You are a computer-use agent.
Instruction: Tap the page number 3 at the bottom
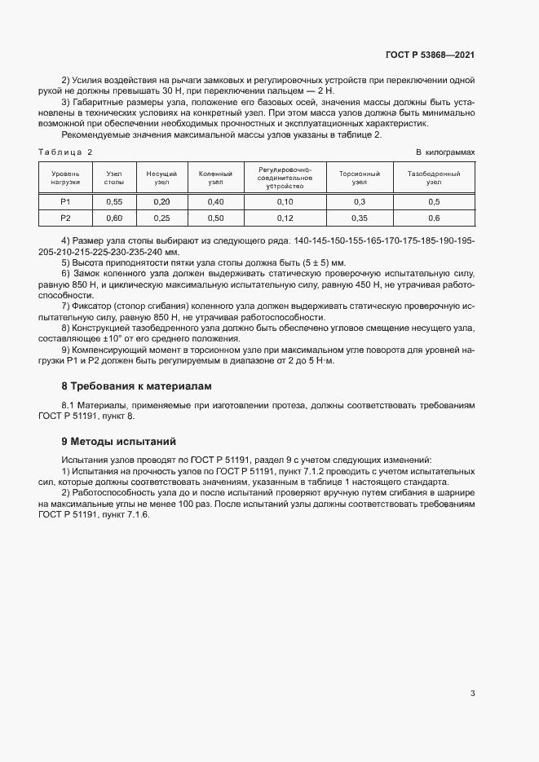pyautogui.click(x=472, y=694)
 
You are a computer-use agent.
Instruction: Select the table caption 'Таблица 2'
pyautogui.click(x=66, y=152)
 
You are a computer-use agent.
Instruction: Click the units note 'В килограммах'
pyautogui.click(x=445, y=152)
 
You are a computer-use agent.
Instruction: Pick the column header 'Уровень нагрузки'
pyautogui.click(x=65, y=178)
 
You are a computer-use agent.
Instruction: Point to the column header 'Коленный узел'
pyautogui.click(x=215, y=178)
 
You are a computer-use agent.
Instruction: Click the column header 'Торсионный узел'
pyautogui.click(x=360, y=178)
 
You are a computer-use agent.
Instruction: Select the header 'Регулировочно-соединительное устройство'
pyautogui.click(x=285, y=178)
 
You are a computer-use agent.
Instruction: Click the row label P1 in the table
pyautogui.click(x=65, y=201)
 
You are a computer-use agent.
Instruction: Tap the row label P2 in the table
pyautogui.click(x=65, y=218)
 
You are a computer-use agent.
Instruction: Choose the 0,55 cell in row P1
pyautogui.click(x=114, y=201)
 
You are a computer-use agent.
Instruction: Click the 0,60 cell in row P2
pyautogui.click(x=114, y=218)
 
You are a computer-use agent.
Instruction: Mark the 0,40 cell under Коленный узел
pyautogui.click(x=215, y=201)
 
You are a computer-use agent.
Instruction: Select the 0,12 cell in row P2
pyautogui.click(x=285, y=218)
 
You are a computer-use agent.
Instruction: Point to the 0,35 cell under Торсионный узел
pyautogui.click(x=360, y=218)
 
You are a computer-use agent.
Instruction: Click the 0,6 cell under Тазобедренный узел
pyautogui.click(x=434, y=218)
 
